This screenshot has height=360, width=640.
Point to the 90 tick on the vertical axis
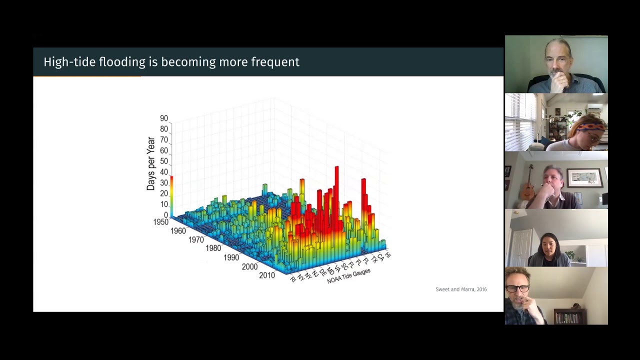click(x=164, y=118)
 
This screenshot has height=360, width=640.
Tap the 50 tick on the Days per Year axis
click(x=164, y=161)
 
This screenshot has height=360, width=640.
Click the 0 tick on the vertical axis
click(x=166, y=215)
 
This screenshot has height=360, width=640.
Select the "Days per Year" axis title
click(x=150, y=163)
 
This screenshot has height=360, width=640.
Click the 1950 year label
click(x=160, y=222)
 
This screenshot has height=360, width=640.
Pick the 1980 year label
click(x=213, y=248)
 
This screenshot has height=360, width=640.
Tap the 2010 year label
click(x=266, y=275)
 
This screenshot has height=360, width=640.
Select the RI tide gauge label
click(x=293, y=278)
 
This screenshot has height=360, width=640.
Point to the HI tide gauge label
click(x=388, y=255)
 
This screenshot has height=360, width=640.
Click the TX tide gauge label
click(x=374, y=259)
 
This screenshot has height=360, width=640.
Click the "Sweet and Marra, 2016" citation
click(x=461, y=289)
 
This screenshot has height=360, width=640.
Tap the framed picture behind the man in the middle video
click(x=584, y=177)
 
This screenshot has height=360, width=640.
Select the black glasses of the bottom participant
click(x=517, y=288)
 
